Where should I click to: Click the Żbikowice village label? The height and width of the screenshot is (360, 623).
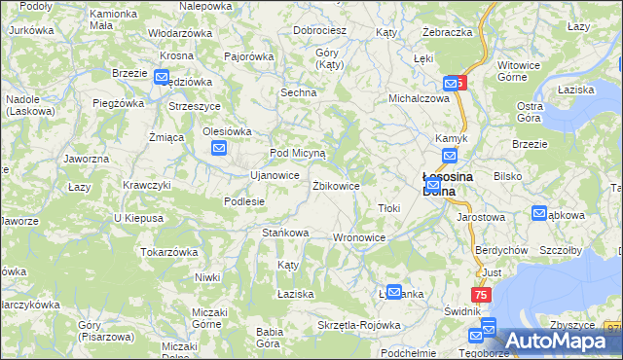click(336, 185)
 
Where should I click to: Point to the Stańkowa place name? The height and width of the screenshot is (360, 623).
click(285, 233)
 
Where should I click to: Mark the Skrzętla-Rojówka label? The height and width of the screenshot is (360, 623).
click(359, 325)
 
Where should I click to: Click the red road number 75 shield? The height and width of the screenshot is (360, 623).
click(481, 295)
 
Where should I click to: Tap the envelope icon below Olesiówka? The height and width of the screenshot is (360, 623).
click(220, 148)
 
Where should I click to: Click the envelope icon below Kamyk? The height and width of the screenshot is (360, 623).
click(450, 156)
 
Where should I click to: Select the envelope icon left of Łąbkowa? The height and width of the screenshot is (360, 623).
click(540, 213)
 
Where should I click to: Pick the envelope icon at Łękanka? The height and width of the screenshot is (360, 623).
click(394, 291)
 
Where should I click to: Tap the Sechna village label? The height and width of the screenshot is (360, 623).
click(299, 92)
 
